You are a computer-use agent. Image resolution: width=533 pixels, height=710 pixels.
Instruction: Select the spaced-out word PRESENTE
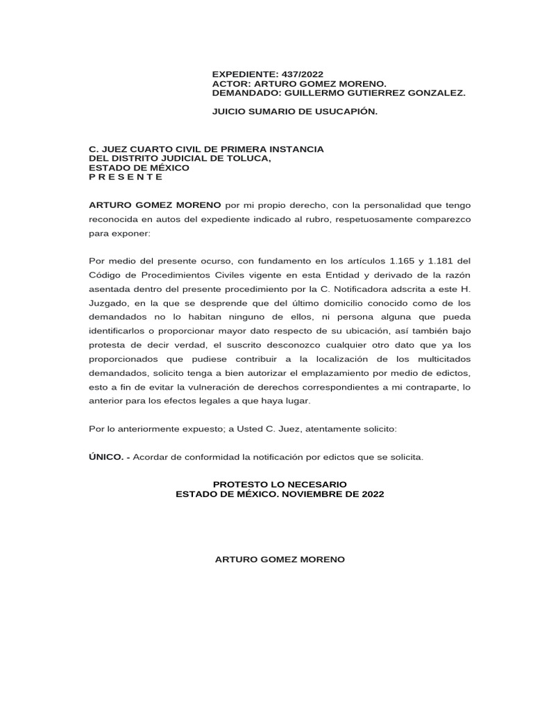[x=126, y=176]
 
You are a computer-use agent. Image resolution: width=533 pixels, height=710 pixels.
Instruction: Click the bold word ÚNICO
[x=106, y=458]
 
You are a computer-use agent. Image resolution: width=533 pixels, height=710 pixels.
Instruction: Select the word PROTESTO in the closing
[x=240, y=483]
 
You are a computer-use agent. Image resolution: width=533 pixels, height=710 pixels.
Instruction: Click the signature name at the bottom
[x=280, y=559]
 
